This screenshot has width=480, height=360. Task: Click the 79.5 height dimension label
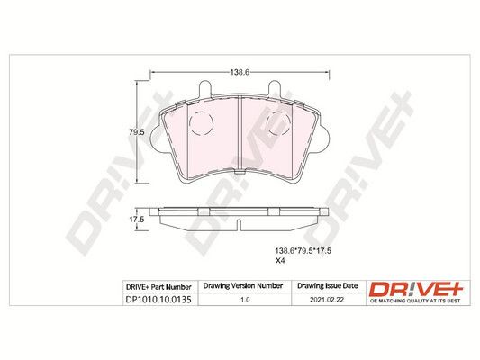136,132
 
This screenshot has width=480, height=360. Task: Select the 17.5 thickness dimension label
137,220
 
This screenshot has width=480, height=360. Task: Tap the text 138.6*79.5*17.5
303,251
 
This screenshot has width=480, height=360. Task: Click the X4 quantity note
280,261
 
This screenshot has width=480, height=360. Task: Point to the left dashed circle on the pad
201,123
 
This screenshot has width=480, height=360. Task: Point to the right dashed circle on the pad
278,123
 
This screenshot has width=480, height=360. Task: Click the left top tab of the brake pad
204,89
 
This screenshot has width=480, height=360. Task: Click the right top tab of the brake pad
275,89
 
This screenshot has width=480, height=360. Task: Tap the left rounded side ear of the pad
156,139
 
